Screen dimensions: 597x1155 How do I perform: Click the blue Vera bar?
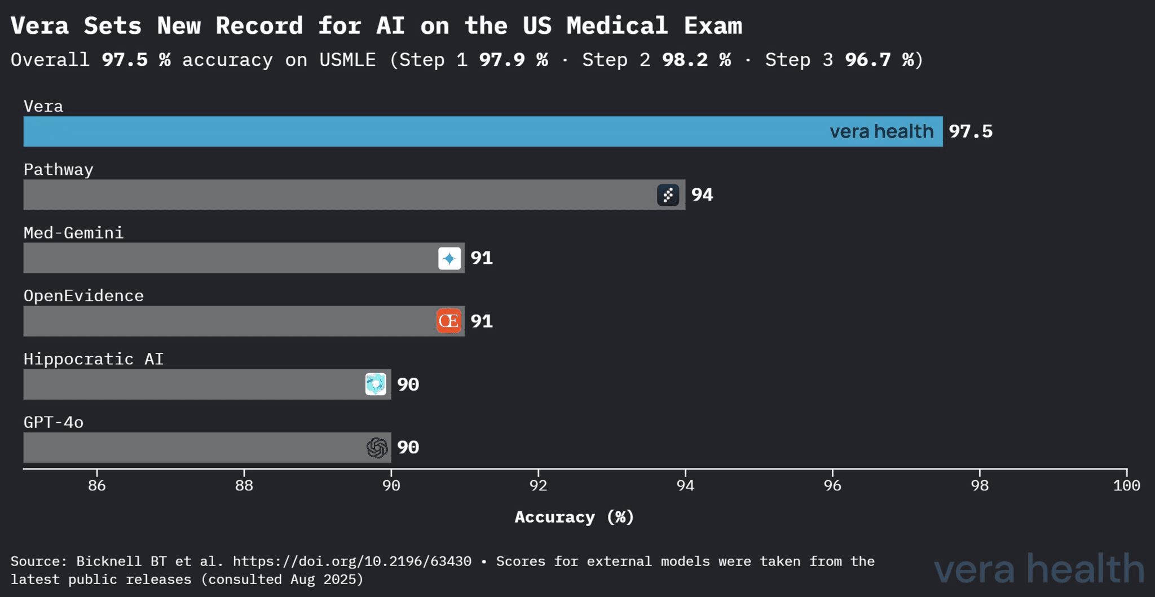(x=423, y=131)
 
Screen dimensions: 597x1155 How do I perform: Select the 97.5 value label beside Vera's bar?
(x=970, y=131)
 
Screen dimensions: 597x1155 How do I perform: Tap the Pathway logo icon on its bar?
(x=668, y=195)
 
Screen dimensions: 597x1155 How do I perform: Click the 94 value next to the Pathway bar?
(x=702, y=195)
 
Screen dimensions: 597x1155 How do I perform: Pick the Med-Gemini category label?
(x=73, y=233)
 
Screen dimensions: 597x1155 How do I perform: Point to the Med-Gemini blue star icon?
(x=449, y=259)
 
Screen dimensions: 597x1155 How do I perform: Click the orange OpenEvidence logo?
(x=449, y=321)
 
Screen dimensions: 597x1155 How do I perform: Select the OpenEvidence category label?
(x=83, y=296)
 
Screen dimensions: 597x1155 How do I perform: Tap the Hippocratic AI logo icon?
(x=376, y=384)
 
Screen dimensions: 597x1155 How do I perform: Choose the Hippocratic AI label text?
(x=94, y=359)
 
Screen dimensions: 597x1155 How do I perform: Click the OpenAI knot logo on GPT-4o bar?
(x=377, y=448)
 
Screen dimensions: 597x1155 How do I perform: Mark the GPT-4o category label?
(x=54, y=422)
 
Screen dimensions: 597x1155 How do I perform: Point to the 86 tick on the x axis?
(x=97, y=485)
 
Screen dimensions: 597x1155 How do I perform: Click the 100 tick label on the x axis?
(x=1126, y=485)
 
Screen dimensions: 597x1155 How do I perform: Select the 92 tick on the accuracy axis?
(x=538, y=485)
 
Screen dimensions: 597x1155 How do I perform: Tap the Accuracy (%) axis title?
(x=574, y=517)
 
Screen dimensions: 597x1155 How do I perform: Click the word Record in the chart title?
(x=259, y=26)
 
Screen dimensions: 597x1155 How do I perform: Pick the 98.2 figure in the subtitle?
(x=685, y=60)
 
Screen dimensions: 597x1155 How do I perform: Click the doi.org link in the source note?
(x=352, y=561)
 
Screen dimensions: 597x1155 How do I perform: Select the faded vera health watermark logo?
(x=1039, y=569)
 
